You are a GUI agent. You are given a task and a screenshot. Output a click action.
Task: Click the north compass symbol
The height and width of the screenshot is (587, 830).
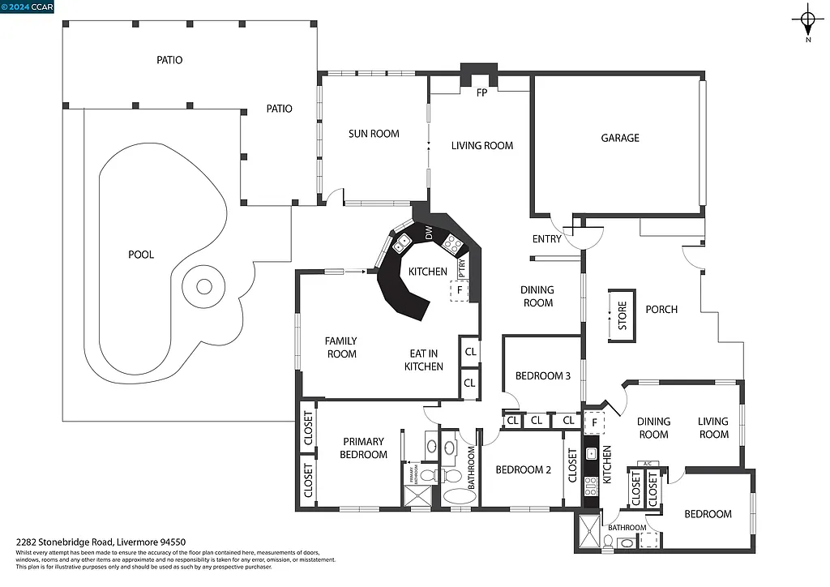pyautogui.click(x=807, y=19)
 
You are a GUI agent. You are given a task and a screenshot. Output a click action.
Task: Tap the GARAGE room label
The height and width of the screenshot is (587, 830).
pyautogui.click(x=620, y=138)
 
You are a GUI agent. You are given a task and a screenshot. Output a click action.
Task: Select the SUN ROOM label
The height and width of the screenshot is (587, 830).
pyautogui.click(x=374, y=134)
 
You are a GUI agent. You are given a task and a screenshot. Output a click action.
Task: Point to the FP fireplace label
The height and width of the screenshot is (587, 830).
pyautogui.click(x=481, y=92)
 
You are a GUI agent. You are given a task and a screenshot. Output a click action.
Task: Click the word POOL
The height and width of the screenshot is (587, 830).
pyautogui.click(x=141, y=255)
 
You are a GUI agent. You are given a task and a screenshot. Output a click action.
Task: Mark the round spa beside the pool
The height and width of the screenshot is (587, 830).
pyautogui.click(x=204, y=286)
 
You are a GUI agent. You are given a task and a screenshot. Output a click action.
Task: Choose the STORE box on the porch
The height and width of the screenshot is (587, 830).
pyautogui.click(x=622, y=315)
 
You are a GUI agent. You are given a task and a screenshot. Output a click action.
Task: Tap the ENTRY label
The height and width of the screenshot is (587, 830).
pyautogui.click(x=547, y=239)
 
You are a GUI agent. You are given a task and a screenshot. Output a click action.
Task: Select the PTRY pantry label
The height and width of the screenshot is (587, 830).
pyautogui.click(x=462, y=267)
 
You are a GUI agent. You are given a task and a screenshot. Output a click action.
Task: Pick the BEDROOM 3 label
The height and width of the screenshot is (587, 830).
pyautogui.click(x=543, y=376)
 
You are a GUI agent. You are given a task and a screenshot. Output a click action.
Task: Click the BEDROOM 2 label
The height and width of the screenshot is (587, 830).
pyautogui.click(x=523, y=469)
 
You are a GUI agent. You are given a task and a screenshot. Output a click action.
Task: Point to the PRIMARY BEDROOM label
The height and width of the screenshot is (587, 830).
pyautogui.click(x=363, y=448)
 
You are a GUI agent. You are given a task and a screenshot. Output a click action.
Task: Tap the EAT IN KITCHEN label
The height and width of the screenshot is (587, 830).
pyautogui.click(x=424, y=360)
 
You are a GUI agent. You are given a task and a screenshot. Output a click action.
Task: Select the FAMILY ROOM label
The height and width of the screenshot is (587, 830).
pyautogui.click(x=341, y=347)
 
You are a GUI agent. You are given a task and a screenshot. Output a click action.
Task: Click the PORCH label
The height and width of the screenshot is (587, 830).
pyautogui.click(x=661, y=310)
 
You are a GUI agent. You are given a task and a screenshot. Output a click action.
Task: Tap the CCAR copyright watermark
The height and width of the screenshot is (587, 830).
pyautogui.click(x=28, y=6)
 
